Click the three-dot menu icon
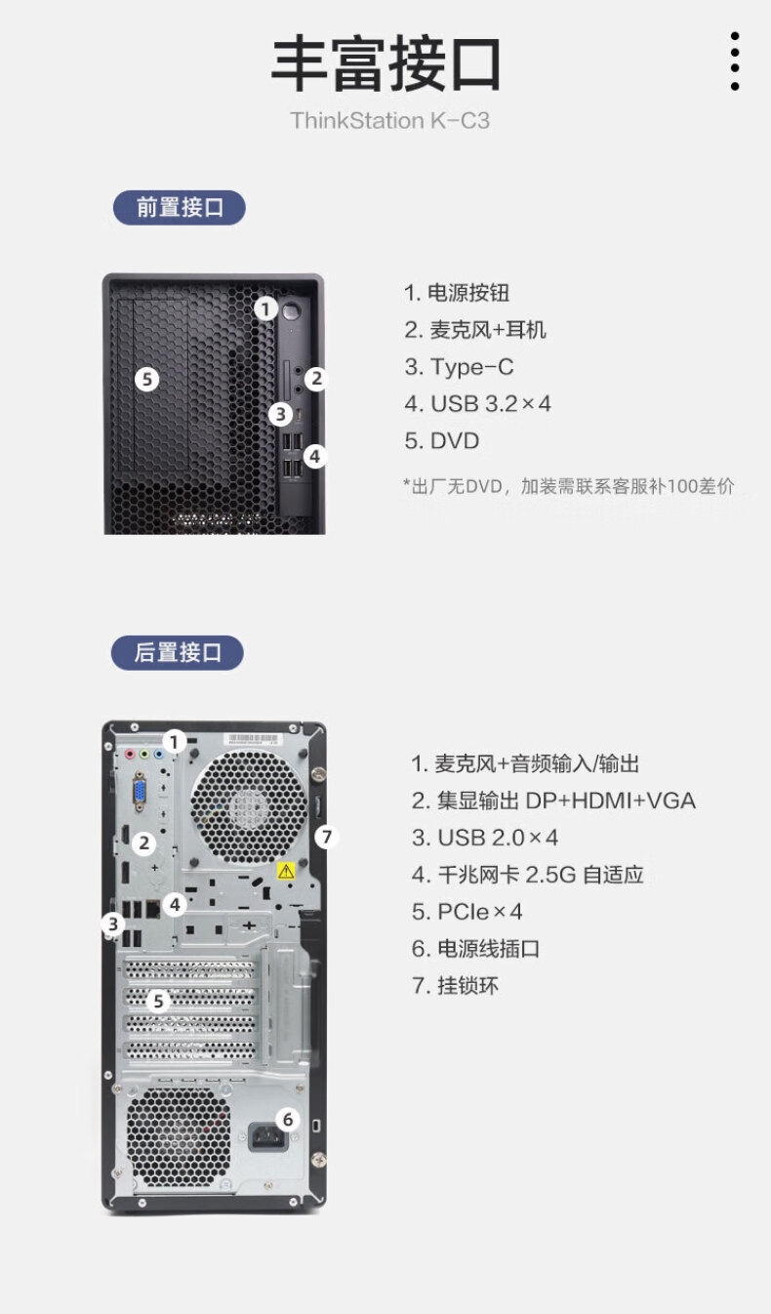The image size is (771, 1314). (735, 62)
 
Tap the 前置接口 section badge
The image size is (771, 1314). (180, 208)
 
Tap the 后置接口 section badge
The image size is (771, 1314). (177, 652)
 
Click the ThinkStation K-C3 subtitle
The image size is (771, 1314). (390, 120)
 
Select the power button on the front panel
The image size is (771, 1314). (291, 310)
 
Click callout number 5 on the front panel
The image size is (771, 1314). (146, 379)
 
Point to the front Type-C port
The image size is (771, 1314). (299, 415)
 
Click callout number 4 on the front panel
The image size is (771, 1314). (315, 456)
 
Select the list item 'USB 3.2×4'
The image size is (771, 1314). (478, 403)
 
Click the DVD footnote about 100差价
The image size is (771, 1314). (568, 486)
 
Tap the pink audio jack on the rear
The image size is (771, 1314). (130, 754)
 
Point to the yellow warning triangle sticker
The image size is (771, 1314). (286, 871)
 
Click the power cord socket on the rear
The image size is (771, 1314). (267, 1136)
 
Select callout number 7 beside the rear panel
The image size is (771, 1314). (327, 837)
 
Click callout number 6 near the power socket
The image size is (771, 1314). (287, 1120)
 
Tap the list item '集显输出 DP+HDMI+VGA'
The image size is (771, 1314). (553, 801)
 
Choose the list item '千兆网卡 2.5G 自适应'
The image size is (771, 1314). (528, 875)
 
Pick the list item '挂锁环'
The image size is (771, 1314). (455, 986)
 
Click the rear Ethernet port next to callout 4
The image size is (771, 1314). (152, 909)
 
